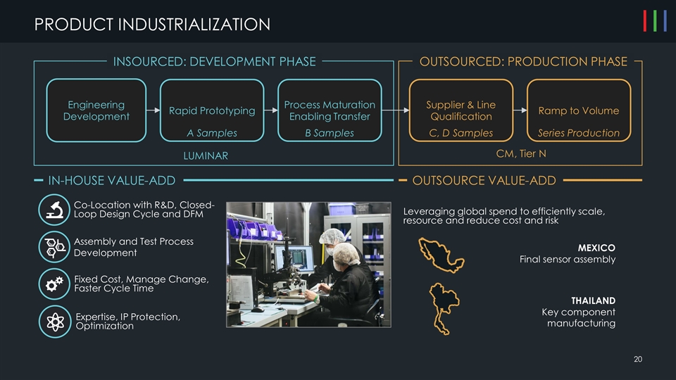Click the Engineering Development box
[96, 110]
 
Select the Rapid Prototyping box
[212, 110]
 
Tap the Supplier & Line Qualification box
[461, 110]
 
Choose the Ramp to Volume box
[578, 110]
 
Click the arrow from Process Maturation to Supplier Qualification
[395, 110]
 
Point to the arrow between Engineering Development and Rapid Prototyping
[154, 110]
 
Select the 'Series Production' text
[578, 133]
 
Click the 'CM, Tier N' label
[521, 153]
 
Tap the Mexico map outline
[439, 255]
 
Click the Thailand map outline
[442, 307]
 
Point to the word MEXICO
[596, 248]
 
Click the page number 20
[638, 360]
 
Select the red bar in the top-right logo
[646, 22]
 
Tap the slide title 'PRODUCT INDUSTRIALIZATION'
[152, 25]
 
